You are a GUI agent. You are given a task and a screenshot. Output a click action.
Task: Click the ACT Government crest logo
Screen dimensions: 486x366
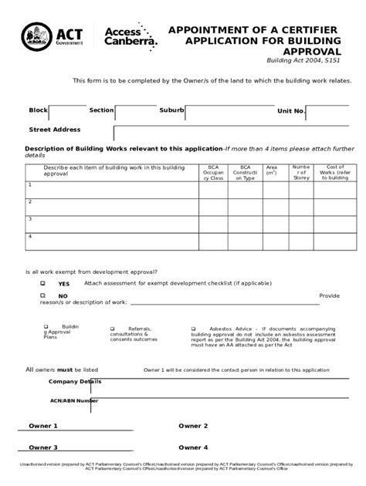pyautogui.click(x=33, y=35)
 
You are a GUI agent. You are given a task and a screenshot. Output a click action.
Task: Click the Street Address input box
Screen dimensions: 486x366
pyautogui.click(x=232, y=132)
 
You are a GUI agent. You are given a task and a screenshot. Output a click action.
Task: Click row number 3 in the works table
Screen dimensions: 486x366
pyautogui.click(x=29, y=219)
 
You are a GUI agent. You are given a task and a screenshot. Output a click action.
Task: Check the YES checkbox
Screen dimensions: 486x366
pyautogui.click(x=43, y=283)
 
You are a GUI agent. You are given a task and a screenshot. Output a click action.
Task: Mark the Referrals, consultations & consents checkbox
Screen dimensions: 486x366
pyautogui.click(x=113, y=327)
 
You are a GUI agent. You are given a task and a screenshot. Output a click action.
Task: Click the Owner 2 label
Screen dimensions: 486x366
pyautogui.click(x=193, y=426)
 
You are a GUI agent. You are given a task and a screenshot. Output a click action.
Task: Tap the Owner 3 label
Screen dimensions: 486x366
pyautogui.click(x=43, y=447)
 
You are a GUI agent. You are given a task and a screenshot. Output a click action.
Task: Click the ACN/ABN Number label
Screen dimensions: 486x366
pyautogui.click(x=74, y=400)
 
